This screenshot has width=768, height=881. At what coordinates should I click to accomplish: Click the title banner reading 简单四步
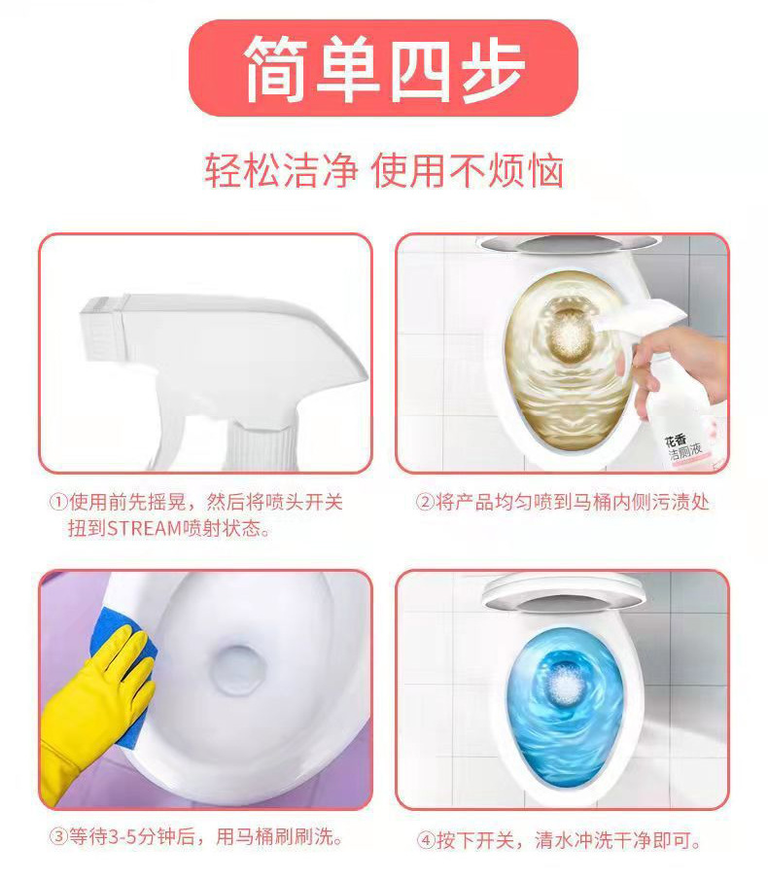383,69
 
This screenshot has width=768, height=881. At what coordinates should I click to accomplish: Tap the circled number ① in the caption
58,503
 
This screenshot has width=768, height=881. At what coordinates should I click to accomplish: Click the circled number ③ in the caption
58,836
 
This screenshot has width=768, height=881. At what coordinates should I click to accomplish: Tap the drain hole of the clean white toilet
239,669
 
